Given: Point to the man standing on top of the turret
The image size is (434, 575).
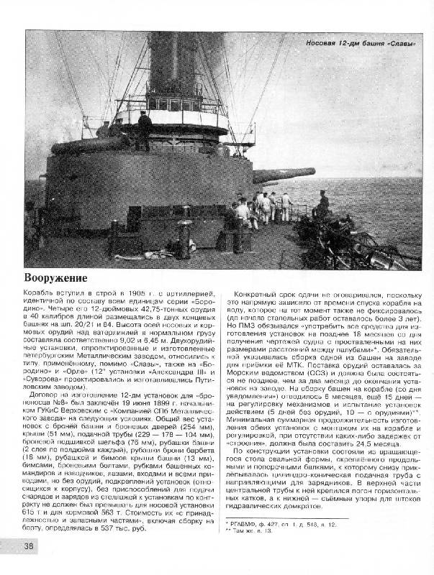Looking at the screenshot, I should pyautogui.click(x=145, y=128).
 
